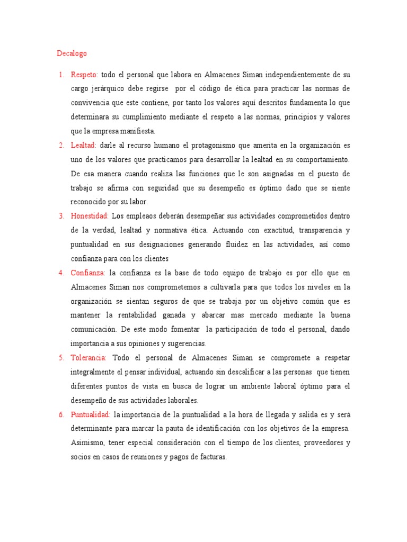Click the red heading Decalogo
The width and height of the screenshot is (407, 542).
tap(72, 53)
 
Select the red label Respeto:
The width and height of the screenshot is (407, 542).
tap(84, 74)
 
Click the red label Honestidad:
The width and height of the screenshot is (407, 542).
tap(90, 216)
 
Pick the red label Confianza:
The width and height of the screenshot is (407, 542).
tap(88, 273)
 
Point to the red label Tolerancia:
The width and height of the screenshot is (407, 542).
tap(89, 358)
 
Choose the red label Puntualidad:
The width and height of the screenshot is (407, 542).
tap(90, 414)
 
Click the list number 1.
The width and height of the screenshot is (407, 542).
tap(61, 74)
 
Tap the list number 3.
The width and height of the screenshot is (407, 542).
tap(61, 216)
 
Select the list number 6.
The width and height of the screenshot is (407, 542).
tap(61, 414)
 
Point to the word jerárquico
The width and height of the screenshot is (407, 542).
tap(107, 88)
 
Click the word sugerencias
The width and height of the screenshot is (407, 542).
tap(186, 344)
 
